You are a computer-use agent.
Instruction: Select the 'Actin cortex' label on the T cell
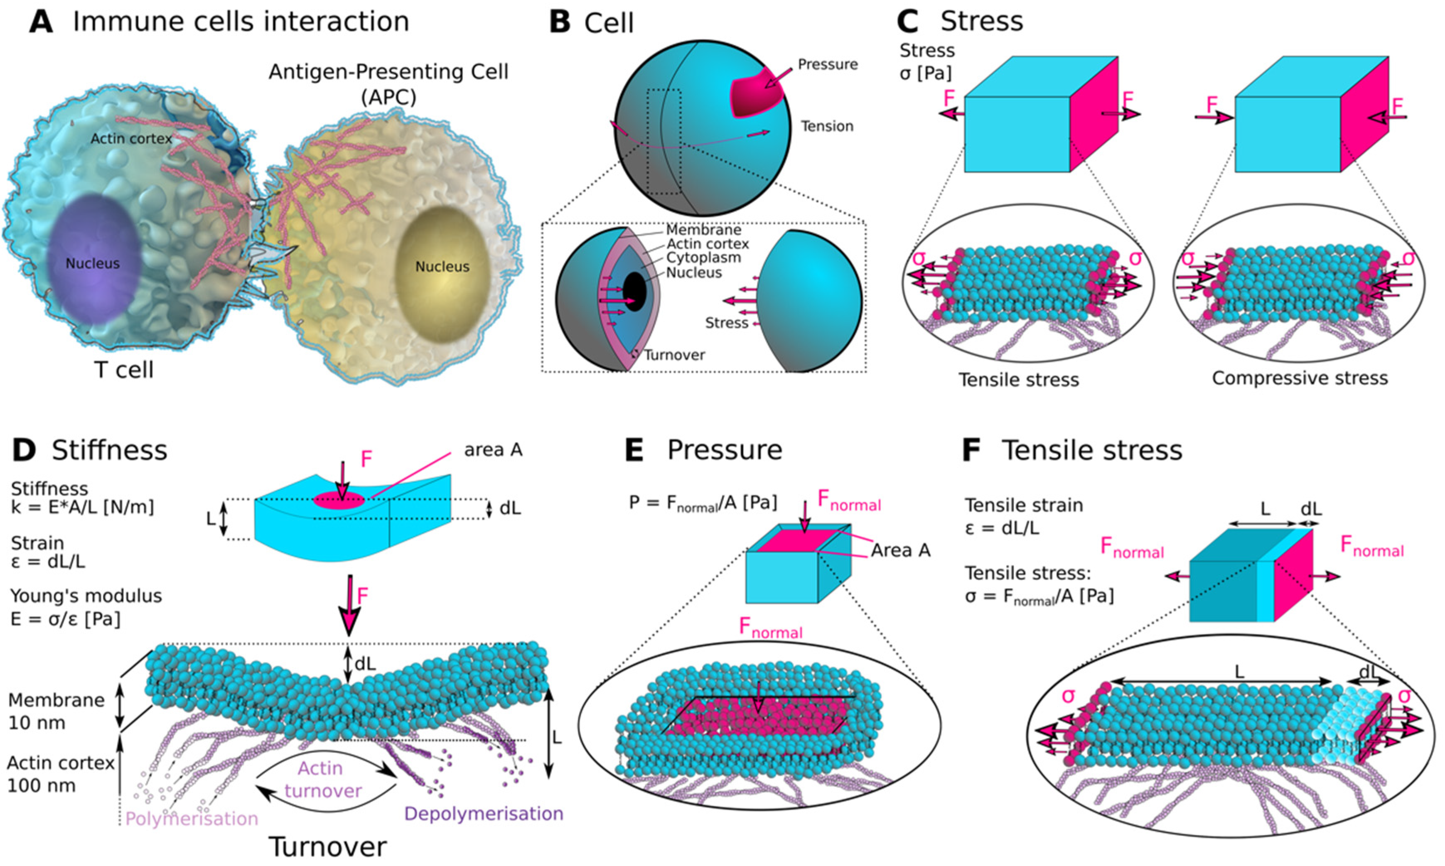click(131, 139)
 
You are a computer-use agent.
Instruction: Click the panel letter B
click(560, 23)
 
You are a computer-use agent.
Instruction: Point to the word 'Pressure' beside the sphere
click(828, 64)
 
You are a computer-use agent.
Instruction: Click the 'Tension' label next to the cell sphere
click(826, 126)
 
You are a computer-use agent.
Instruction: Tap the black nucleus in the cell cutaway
click(634, 292)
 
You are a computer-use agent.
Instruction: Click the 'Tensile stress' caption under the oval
click(1018, 380)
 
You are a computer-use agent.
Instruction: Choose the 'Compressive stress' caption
click(1300, 378)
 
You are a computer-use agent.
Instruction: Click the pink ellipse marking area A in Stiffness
click(339, 500)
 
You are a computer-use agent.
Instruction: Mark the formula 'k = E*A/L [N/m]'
click(82, 507)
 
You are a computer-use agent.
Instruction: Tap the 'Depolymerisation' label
click(483, 814)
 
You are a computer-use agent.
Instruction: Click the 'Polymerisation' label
click(192, 819)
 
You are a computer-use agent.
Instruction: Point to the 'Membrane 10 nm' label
click(56, 711)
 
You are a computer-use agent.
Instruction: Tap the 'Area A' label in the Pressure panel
click(900, 550)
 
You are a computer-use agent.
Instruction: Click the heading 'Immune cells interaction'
click(241, 22)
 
